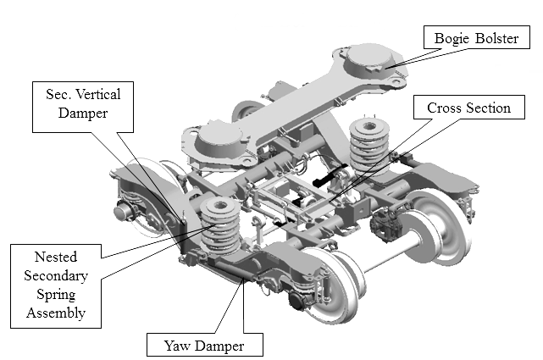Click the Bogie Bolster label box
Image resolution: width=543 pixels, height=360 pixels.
point(477,38)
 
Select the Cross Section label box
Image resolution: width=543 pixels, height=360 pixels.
point(468,108)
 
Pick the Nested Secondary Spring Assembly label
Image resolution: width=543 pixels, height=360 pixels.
point(56,283)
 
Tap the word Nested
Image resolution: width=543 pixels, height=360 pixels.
point(56,257)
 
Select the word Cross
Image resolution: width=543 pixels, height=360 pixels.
point(445,108)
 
